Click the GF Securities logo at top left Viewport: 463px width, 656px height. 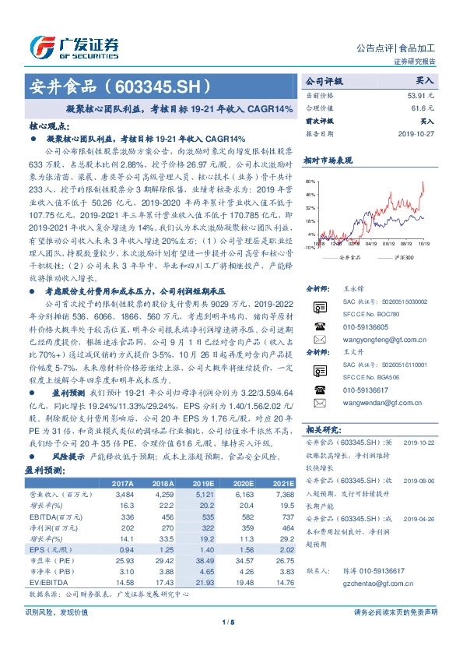click(74, 45)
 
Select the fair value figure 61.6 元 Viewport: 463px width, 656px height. click(421, 108)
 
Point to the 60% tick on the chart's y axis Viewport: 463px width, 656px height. click(310, 180)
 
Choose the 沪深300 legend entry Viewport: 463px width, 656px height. click(403, 255)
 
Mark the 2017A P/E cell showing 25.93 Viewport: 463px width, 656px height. click(124, 561)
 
